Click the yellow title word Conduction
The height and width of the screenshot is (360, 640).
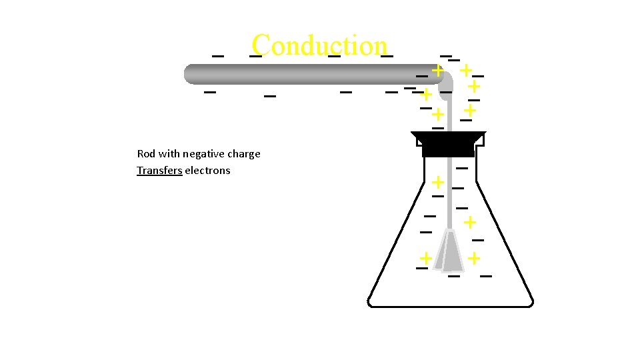[x=319, y=45]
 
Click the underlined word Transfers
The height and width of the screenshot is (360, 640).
[x=159, y=171]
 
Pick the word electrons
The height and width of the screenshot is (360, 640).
[x=207, y=171]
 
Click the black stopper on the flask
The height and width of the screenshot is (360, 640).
[x=448, y=144]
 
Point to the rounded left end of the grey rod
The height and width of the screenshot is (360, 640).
[x=191, y=74]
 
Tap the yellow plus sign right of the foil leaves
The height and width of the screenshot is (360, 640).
[x=473, y=257]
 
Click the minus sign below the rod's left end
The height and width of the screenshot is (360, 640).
[x=210, y=91]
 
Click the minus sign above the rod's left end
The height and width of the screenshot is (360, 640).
[x=217, y=56]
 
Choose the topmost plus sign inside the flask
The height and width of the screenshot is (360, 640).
[x=437, y=181]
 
